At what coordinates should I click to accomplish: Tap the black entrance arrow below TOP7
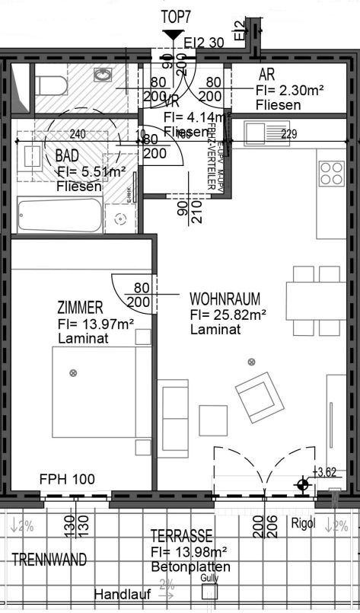(173, 34)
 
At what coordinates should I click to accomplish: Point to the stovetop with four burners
(332, 174)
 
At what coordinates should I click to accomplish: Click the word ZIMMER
(80, 308)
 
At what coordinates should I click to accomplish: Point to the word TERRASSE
(181, 536)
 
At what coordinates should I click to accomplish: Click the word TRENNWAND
(49, 560)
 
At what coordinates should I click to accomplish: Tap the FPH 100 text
(68, 480)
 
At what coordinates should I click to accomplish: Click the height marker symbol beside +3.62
(304, 484)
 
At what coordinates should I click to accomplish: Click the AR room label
(266, 75)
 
